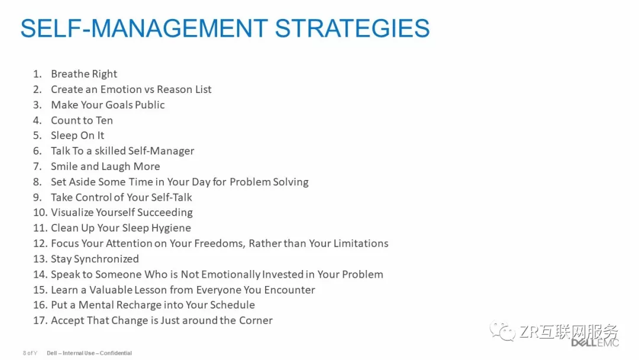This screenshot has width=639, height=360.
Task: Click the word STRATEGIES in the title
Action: (352, 28)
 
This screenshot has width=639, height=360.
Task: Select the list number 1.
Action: (37, 74)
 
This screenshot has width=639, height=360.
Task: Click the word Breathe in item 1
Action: (67, 74)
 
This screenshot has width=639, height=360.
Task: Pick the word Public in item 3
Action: (150, 105)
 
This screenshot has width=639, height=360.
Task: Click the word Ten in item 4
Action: (104, 120)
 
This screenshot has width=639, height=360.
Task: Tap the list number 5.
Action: (37, 136)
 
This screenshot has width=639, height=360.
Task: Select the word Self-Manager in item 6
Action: (161, 151)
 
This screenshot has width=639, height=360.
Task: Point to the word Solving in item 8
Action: (291, 182)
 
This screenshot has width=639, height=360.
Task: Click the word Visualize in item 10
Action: (72, 213)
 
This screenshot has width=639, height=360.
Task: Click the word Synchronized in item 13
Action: (106, 259)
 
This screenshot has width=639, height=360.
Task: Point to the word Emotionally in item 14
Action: (231, 274)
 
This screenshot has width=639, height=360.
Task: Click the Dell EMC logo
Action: (595, 342)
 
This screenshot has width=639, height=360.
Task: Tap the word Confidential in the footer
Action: (116, 353)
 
